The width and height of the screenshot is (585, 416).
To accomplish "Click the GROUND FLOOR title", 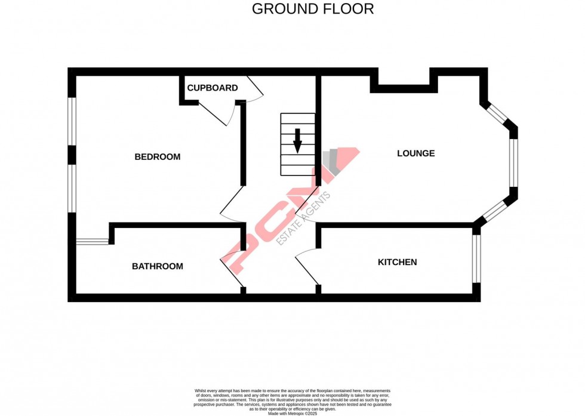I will coord(313,9).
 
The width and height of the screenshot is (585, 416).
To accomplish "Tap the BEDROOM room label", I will coord(157,157).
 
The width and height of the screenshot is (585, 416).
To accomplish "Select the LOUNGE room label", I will coord(416,153).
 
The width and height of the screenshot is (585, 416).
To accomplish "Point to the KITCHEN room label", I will coord(397,262).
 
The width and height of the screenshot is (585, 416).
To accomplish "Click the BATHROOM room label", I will coord(158,266).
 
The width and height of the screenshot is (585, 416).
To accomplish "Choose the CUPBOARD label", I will coord(213,88).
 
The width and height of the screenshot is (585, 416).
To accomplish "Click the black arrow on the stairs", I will coord(297,141).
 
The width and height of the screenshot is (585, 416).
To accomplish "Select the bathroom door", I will coord(232,263).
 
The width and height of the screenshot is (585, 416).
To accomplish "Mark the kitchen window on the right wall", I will coord(476,258).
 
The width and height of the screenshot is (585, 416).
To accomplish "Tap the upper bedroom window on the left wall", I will coord(72,121).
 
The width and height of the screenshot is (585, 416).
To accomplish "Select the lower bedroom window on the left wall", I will coord(72,187).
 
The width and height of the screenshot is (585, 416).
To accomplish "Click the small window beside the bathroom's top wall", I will coord(93,241).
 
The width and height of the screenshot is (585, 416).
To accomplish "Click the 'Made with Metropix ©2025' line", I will coord(292,413).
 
